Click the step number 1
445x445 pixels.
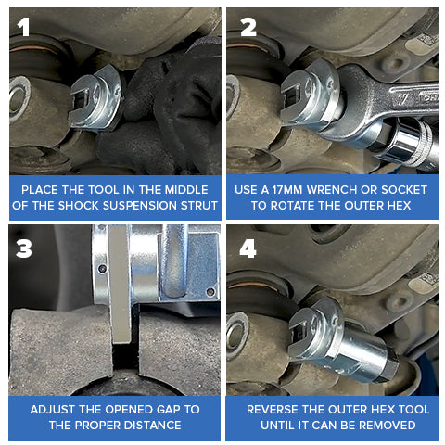(x=24, y=28)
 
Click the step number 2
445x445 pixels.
(x=248, y=28)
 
